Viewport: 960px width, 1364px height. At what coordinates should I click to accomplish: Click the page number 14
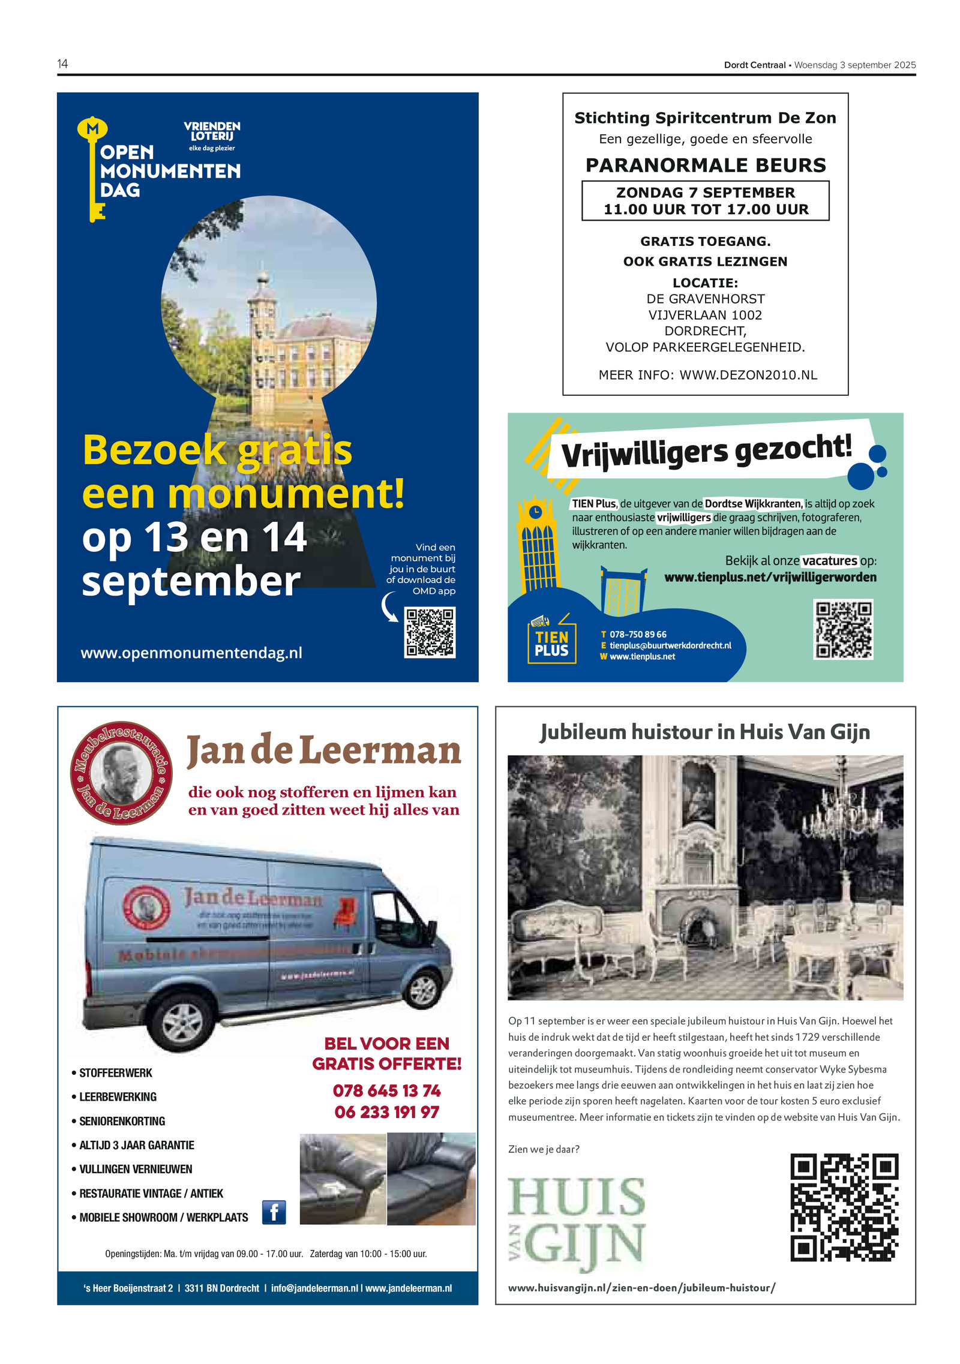click(62, 64)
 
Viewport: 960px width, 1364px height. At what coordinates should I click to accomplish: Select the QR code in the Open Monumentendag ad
click(430, 632)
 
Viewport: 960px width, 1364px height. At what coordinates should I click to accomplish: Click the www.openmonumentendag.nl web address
click(191, 653)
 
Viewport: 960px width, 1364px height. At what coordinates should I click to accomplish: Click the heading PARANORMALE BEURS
click(706, 165)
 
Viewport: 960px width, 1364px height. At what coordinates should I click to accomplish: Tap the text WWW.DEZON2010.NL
click(748, 375)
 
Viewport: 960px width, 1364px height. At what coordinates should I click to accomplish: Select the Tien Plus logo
click(551, 643)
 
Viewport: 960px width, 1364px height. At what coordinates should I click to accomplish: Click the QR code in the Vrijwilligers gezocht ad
click(843, 629)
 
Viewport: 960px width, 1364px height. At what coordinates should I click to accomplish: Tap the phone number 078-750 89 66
click(638, 634)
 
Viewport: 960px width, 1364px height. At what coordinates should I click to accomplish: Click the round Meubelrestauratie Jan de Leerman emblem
click(121, 773)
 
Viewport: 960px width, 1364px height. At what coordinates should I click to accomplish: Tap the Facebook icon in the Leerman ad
click(274, 1212)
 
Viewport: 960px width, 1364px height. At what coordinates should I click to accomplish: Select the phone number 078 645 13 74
click(387, 1090)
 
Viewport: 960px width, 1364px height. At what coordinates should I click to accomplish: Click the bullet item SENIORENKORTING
click(122, 1121)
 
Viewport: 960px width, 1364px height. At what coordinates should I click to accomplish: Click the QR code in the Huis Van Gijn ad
click(844, 1207)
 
